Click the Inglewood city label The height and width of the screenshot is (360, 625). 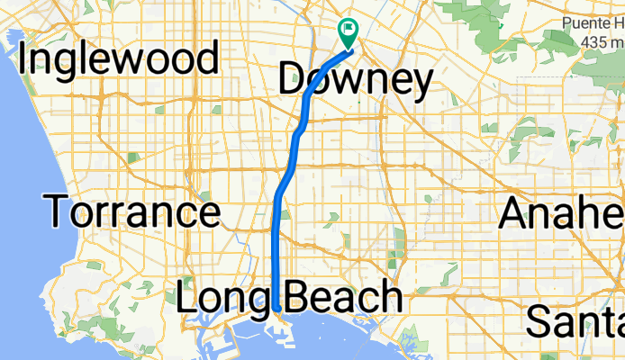tap(118, 59)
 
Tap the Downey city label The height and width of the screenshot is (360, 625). tap(355, 80)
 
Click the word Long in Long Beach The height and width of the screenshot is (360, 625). tap(226, 298)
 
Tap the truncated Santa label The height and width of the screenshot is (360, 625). tap(575, 319)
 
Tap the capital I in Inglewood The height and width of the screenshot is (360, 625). tap(24, 59)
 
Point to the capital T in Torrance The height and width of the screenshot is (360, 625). tap(59, 212)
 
